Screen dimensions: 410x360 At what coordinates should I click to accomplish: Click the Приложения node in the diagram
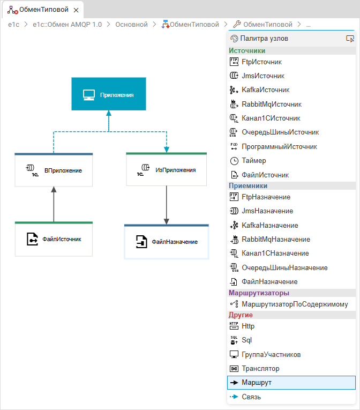tap(108, 94)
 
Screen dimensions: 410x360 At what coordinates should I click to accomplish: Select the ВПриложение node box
tap(54, 170)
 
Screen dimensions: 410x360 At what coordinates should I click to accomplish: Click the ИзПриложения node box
tap(166, 170)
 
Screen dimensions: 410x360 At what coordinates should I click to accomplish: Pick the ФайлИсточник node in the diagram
tap(54, 239)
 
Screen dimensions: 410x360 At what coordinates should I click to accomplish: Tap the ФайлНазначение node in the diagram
tap(166, 242)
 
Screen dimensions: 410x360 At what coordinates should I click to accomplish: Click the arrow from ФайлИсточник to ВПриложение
tap(54, 204)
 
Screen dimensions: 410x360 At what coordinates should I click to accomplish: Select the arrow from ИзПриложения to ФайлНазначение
tap(167, 205)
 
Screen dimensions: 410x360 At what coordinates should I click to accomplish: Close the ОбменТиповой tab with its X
tap(76, 10)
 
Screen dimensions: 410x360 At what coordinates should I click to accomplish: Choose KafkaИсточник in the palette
tap(265, 90)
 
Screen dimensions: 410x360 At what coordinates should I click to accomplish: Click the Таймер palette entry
tap(254, 160)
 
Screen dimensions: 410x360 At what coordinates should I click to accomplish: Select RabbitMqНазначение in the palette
tap(275, 239)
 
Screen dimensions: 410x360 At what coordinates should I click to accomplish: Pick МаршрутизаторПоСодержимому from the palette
tap(295, 304)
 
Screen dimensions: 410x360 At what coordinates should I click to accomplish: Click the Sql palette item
tap(246, 340)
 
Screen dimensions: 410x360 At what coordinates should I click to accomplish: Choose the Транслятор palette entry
tap(260, 369)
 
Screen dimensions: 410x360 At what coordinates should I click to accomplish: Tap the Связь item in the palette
tap(251, 397)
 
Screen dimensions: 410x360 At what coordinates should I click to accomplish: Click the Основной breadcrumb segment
tap(132, 24)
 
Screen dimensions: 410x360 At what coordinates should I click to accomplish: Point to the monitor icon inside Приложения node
tap(89, 95)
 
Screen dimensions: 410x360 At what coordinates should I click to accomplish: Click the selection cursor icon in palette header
tap(350, 39)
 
